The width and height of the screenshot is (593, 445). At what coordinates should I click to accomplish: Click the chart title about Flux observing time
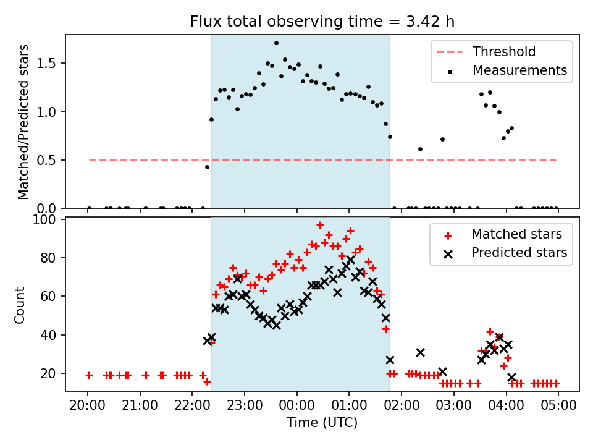322,22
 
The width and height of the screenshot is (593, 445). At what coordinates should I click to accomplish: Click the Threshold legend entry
504,51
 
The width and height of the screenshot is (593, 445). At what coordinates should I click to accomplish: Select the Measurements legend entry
519,70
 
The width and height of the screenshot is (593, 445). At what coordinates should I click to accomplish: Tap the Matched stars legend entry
516,234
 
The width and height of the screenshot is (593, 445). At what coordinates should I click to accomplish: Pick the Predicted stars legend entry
519,252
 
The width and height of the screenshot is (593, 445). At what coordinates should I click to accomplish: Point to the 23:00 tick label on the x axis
245,407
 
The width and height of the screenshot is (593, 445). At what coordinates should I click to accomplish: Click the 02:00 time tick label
402,407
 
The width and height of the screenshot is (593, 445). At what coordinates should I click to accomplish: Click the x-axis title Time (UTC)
322,423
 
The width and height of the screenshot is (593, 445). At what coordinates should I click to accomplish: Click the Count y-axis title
20,305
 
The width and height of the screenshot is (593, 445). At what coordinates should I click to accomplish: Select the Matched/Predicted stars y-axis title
23,122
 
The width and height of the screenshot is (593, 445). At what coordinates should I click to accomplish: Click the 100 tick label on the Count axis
48,219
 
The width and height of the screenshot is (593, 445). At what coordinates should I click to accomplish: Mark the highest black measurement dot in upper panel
276,43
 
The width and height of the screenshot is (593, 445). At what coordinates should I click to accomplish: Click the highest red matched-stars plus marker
320,225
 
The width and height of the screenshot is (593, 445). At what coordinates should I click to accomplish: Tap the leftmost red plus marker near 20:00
89,375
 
